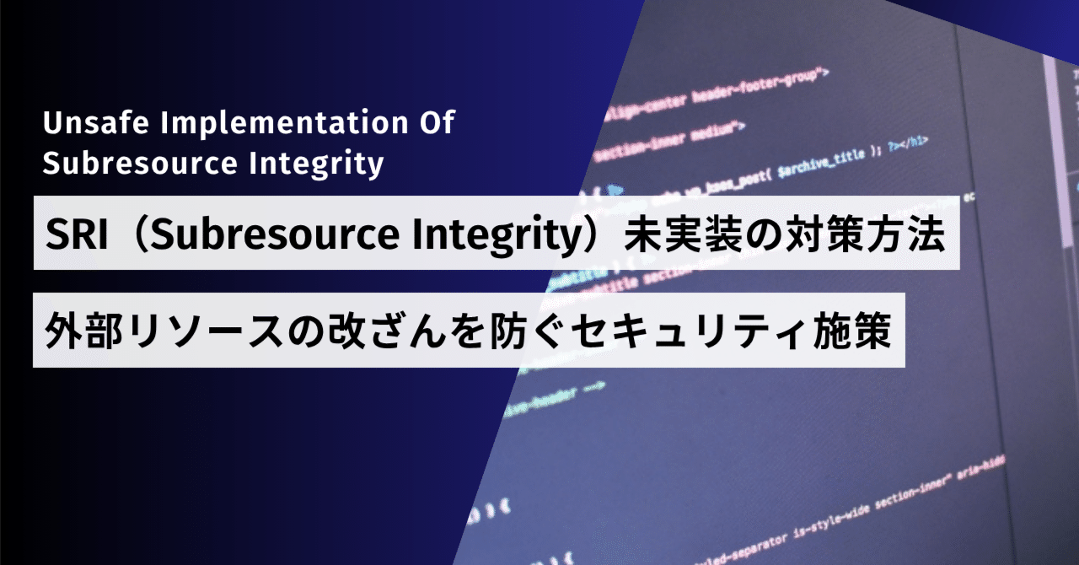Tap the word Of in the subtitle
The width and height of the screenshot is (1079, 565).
click(437, 124)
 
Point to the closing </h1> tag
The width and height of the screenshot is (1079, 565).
click(915, 142)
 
